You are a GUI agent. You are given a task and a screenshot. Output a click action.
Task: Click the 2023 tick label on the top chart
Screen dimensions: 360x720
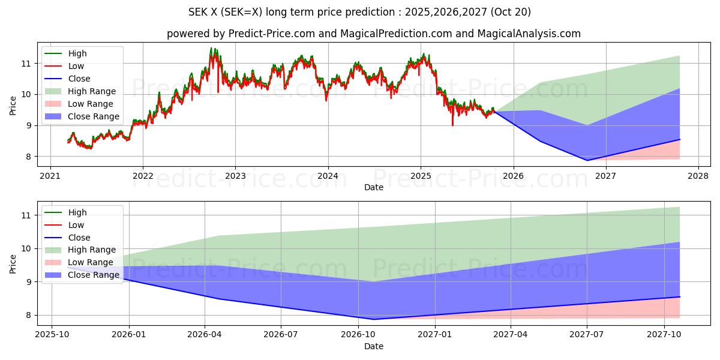coord(235,176)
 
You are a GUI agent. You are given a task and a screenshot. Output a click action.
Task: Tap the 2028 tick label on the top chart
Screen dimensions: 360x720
coord(698,176)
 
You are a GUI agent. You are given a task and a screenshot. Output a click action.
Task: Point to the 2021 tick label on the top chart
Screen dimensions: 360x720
coord(50,176)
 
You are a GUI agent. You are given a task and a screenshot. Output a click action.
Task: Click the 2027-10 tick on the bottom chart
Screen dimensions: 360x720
coord(664,335)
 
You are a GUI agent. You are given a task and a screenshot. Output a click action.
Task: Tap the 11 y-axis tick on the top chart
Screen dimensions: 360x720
coord(25,64)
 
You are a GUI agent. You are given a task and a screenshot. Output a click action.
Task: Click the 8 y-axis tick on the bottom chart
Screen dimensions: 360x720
coord(28,316)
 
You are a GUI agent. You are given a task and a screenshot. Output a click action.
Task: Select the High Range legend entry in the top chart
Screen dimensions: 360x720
coord(92,91)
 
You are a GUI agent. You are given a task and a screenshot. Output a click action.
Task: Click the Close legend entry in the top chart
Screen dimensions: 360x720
coord(79,79)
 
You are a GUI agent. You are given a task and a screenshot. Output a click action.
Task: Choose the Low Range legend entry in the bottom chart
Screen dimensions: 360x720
coord(89,262)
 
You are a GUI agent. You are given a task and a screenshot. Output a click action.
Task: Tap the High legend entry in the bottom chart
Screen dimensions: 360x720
coord(77,212)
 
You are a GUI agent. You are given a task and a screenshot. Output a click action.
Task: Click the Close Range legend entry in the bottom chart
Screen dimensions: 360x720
coord(93,275)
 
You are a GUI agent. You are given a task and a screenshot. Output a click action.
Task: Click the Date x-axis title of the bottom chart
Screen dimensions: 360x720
coord(374,346)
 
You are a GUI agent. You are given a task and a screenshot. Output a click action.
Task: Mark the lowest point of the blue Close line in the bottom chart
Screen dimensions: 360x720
coord(374,319)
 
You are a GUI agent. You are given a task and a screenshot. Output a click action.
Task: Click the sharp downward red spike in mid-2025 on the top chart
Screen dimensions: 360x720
coord(452,125)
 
